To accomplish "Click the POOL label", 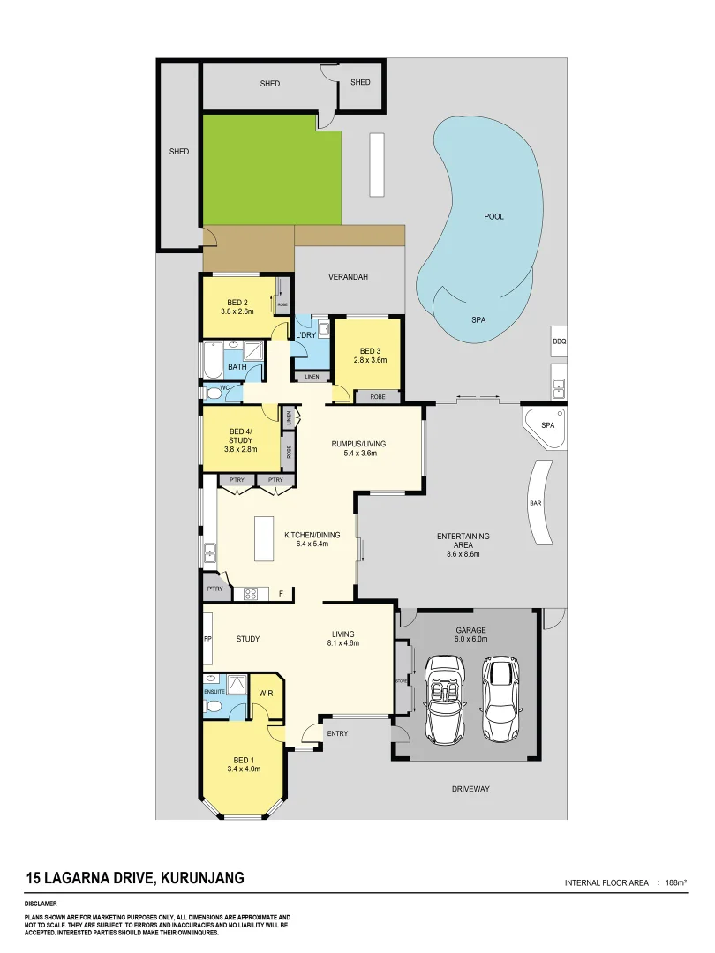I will pos(494,216).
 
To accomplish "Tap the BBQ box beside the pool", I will pos(558,341).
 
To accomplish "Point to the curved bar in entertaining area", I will pos(536,505).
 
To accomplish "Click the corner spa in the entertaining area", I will pos(546,426).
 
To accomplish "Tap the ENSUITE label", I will pos(214,693).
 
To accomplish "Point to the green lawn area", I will pos(272,169).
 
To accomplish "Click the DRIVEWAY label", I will pos(470,788).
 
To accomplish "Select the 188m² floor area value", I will pos(675,882).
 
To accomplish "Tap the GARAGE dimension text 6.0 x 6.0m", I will pos(470,640).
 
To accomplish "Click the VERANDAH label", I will pos(348,277).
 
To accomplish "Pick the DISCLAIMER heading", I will pos(41,904).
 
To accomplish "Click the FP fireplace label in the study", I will pos(207,638).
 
